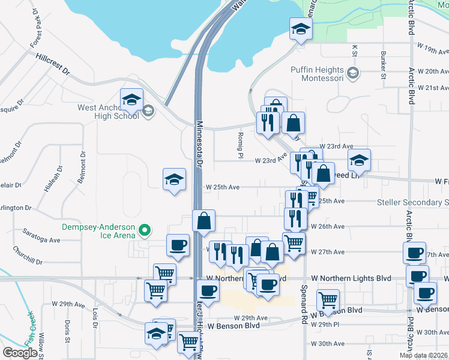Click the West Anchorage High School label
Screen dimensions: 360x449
point(109,112)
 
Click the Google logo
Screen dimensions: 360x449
point(20,352)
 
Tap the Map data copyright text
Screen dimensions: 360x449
point(423,355)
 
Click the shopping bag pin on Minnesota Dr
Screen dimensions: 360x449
point(204,220)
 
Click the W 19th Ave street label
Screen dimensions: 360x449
point(431,52)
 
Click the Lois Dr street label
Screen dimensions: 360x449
point(95,317)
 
